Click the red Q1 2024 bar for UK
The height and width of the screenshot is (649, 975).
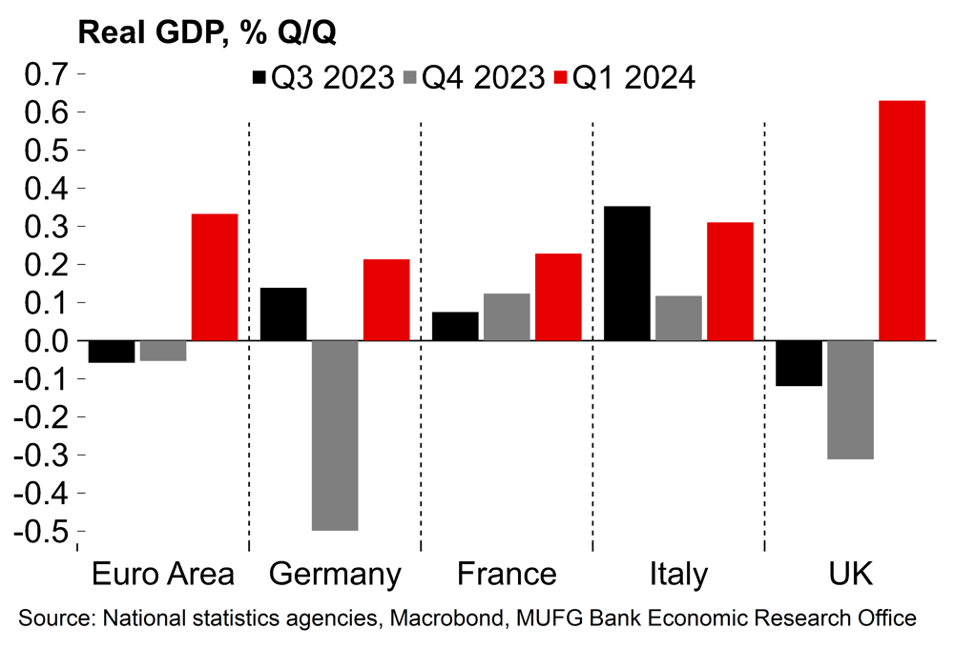pyautogui.click(x=902, y=220)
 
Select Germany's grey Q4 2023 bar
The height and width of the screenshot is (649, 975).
pyautogui.click(x=335, y=435)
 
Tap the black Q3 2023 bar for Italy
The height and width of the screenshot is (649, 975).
pyautogui.click(x=627, y=273)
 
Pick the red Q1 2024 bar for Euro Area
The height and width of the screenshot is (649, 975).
pyautogui.click(x=215, y=276)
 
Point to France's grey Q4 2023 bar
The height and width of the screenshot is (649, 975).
pyautogui.click(x=507, y=316)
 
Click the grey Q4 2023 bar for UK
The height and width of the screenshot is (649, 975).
pyautogui.click(x=850, y=399)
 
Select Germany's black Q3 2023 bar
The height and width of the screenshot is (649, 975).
pyautogui.click(x=283, y=314)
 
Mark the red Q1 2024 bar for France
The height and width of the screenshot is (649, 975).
pyautogui.click(x=558, y=296)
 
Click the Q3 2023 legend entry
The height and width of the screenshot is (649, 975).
pyautogui.click(x=322, y=77)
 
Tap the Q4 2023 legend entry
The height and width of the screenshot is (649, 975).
pyautogui.click(x=472, y=77)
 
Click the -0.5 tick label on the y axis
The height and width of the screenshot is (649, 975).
pyautogui.click(x=39, y=531)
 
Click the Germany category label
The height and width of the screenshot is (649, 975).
pyautogui.click(x=335, y=575)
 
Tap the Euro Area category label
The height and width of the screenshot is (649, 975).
pyautogui.click(x=163, y=575)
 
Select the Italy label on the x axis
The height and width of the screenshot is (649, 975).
pyautogui.click(x=678, y=575)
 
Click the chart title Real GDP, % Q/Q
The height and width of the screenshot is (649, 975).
pyautogui.click(x=206, y=32)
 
